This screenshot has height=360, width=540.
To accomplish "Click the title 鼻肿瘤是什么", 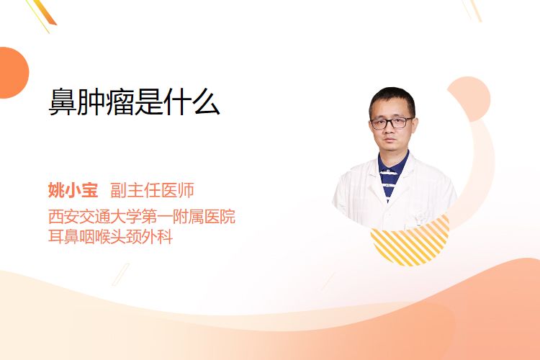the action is click(134, 102).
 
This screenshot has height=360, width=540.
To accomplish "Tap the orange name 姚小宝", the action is click(73, 190).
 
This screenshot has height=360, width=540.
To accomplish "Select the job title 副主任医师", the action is click(152, 190).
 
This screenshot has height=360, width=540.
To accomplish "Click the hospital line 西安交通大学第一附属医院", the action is click(142, 216).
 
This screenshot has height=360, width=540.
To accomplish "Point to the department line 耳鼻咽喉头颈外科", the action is click(110, 237).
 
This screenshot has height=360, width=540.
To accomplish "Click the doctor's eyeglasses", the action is click(392, 123).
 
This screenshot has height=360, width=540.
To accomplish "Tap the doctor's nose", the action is click(390, 130).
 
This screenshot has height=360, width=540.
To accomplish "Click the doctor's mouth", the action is click(390, 140).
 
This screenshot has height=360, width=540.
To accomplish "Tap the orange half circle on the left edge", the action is click(13, 73).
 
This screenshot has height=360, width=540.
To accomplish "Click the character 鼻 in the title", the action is click(63, 102).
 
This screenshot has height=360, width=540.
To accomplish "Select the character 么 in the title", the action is click(206, 102).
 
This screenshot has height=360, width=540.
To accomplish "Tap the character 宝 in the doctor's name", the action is click(90, 190).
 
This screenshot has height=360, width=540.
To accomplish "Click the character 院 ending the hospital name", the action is click(228, 216).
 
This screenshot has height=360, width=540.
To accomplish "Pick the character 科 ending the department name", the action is click(165, 237).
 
